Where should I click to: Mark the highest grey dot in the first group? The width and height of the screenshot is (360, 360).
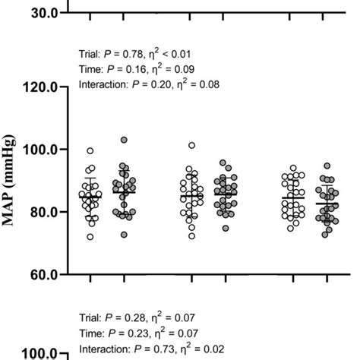point(125,141)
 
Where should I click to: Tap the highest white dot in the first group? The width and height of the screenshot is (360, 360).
point(90,151)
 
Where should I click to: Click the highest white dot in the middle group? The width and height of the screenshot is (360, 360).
point(192,145)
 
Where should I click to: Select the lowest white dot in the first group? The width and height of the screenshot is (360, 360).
point(90,237)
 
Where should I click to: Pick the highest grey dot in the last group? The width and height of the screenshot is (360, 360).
point(327,166)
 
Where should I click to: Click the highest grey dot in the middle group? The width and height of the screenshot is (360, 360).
point(223,163)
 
